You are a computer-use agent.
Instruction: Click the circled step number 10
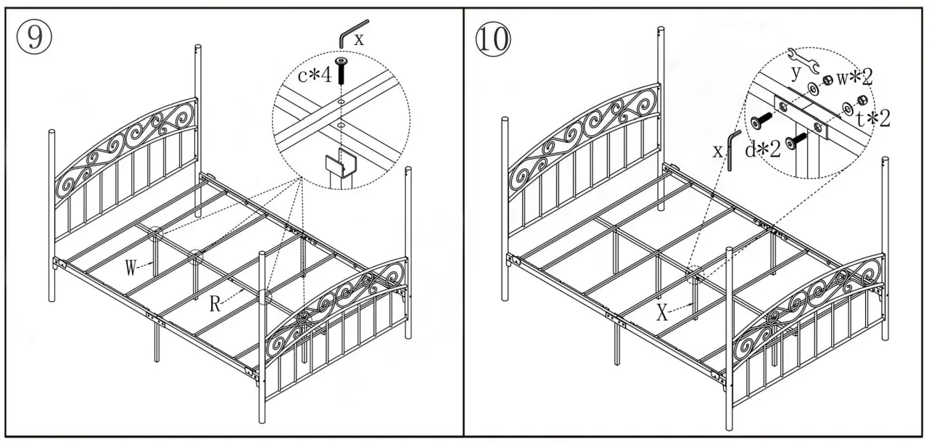pos(492,38)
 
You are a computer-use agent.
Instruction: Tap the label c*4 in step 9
pos(312,74)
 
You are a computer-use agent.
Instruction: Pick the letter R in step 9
pos(215,305)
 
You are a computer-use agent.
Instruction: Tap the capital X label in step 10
pos(662,313)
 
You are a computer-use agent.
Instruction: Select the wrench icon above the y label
pos(803,59)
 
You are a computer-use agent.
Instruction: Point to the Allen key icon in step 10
pos(734,149)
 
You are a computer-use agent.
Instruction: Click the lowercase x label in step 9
pos(360,41)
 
